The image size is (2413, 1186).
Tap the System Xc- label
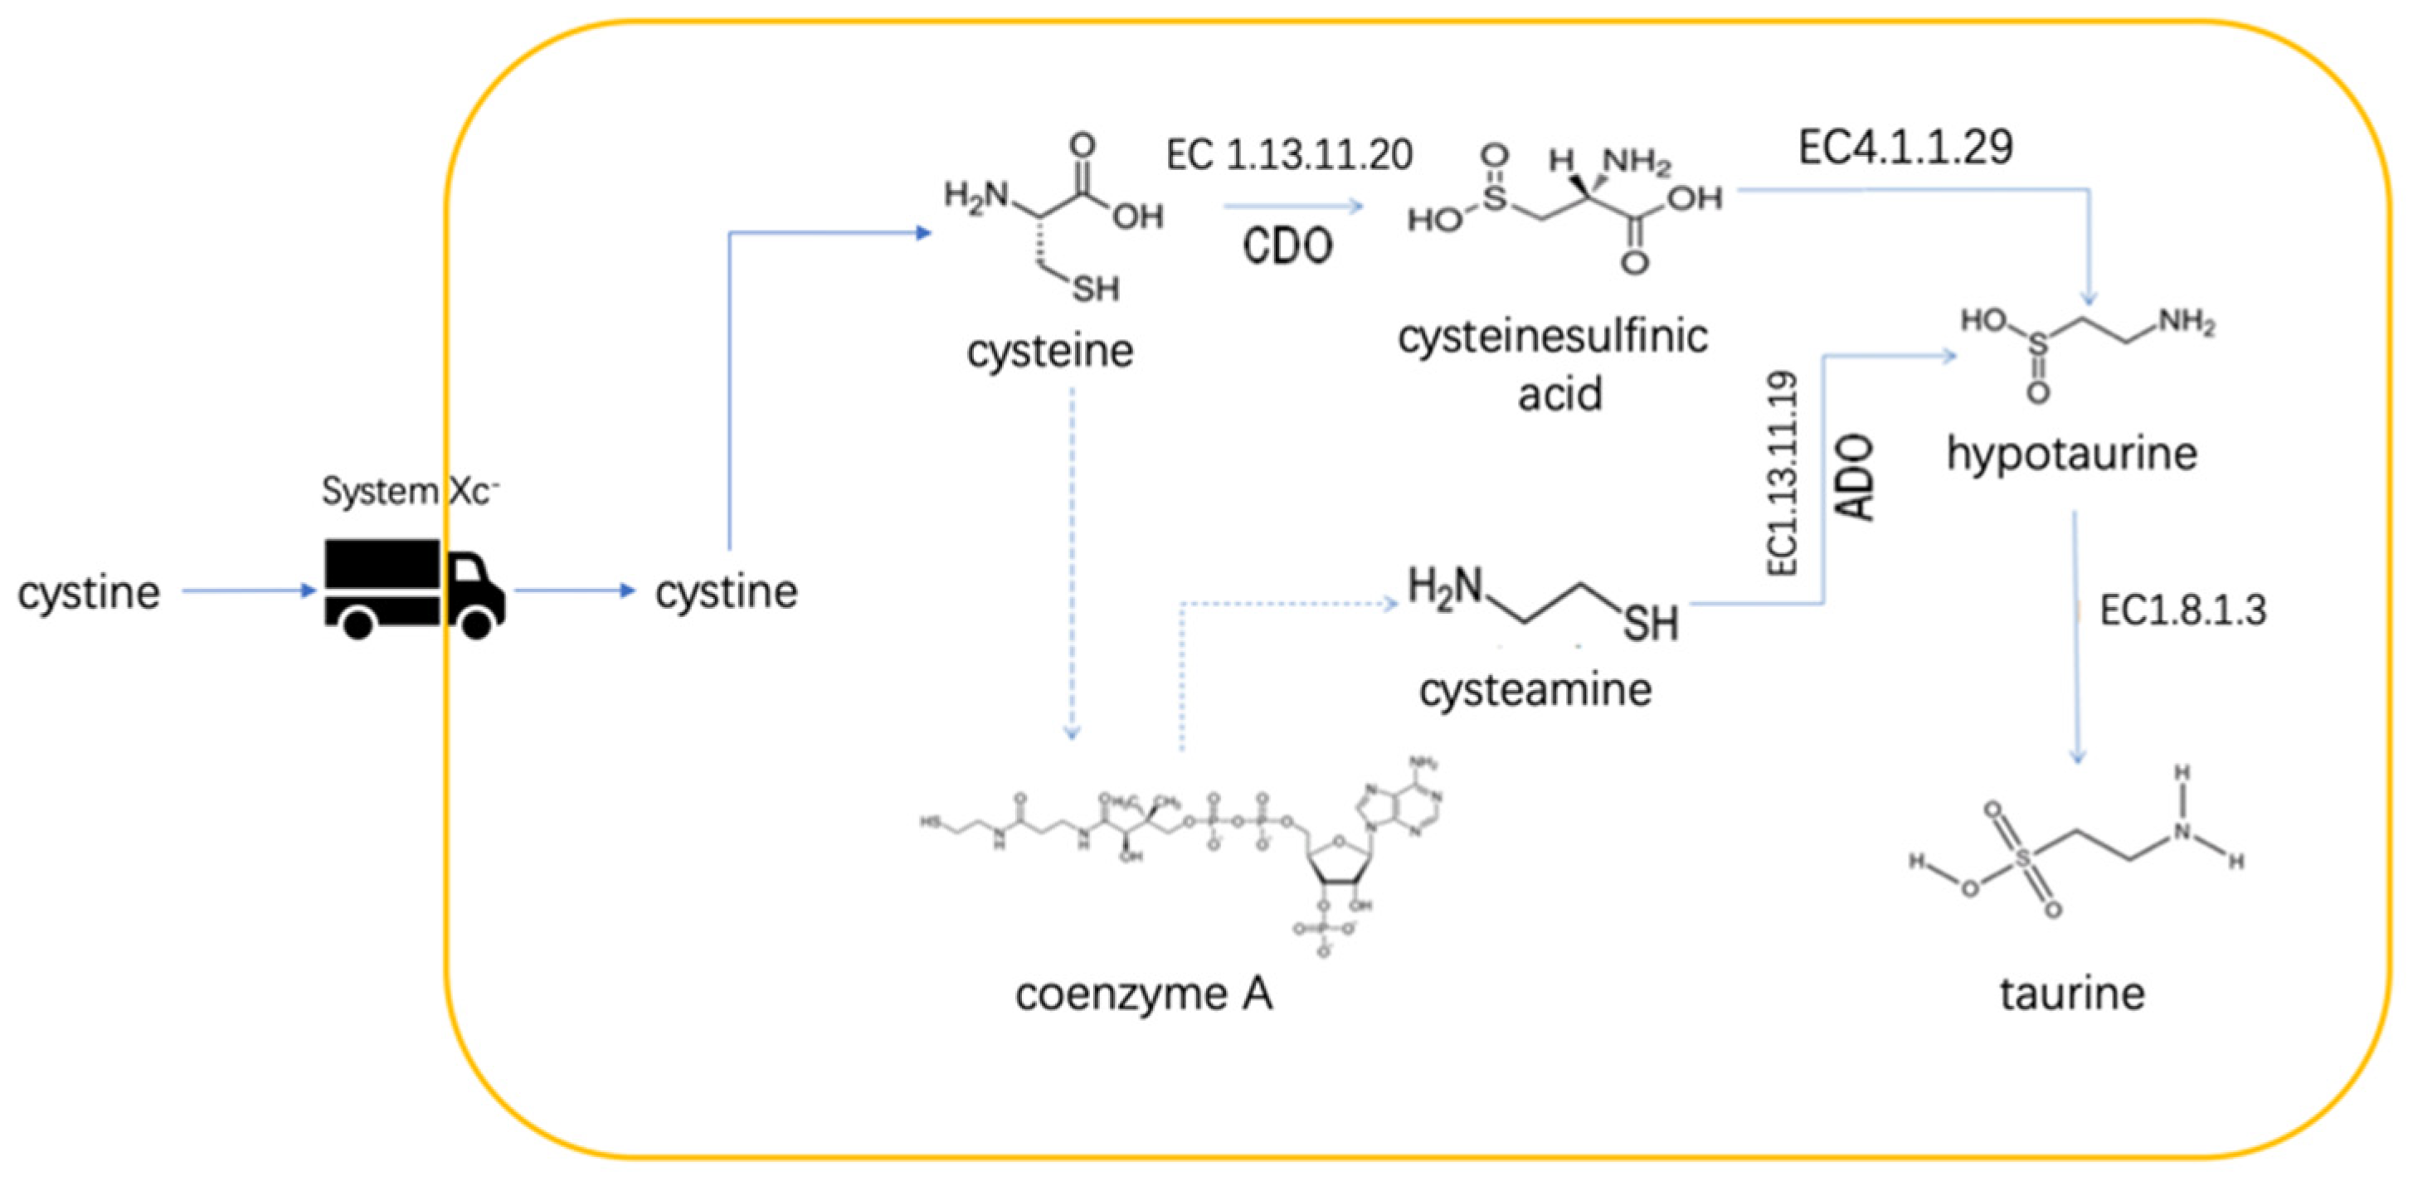coord(409,491)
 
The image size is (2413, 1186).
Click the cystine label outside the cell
coord(89,593)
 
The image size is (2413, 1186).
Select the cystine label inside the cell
coord(726,592)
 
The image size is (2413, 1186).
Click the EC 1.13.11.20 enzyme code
coord(1289,154)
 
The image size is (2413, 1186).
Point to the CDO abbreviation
coord(1287,246)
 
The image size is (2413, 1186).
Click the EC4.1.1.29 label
coord(1905,147)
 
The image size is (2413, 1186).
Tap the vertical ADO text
coord(1854,477)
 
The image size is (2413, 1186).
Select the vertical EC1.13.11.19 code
coord(1782,473)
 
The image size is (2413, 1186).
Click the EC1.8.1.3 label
coord(2182,610)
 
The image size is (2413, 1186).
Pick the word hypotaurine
coord(2071,454)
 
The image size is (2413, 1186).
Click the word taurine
coord(2072,994)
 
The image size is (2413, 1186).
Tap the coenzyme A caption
coord(1144,994)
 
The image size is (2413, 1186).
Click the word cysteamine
coord(1535,690)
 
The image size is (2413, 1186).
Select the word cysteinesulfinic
coord(1552,338)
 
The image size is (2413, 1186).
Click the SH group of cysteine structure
coord(1095,289)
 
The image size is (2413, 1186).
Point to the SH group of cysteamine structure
coord(1650,623)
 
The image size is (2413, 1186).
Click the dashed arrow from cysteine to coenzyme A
coord(1073,562)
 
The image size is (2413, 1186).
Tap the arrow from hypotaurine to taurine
coord(2075,637)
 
